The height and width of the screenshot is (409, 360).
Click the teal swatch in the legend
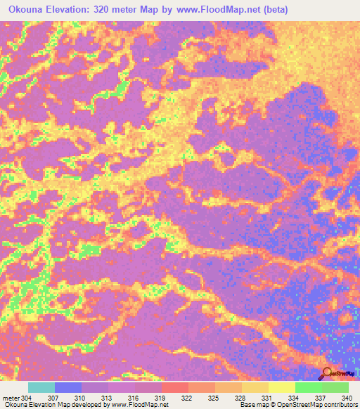pyautogui.click(x=41, y=387)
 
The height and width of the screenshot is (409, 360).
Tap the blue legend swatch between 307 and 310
pyautogui.click(x=68, y=387)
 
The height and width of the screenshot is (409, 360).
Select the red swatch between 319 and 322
pyautogui.click(x=175, y=387)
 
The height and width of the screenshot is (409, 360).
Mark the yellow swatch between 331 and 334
pyautogui.click(x=281, y=387)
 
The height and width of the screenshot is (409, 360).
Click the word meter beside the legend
pyautogui.click(x=10, y=398)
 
